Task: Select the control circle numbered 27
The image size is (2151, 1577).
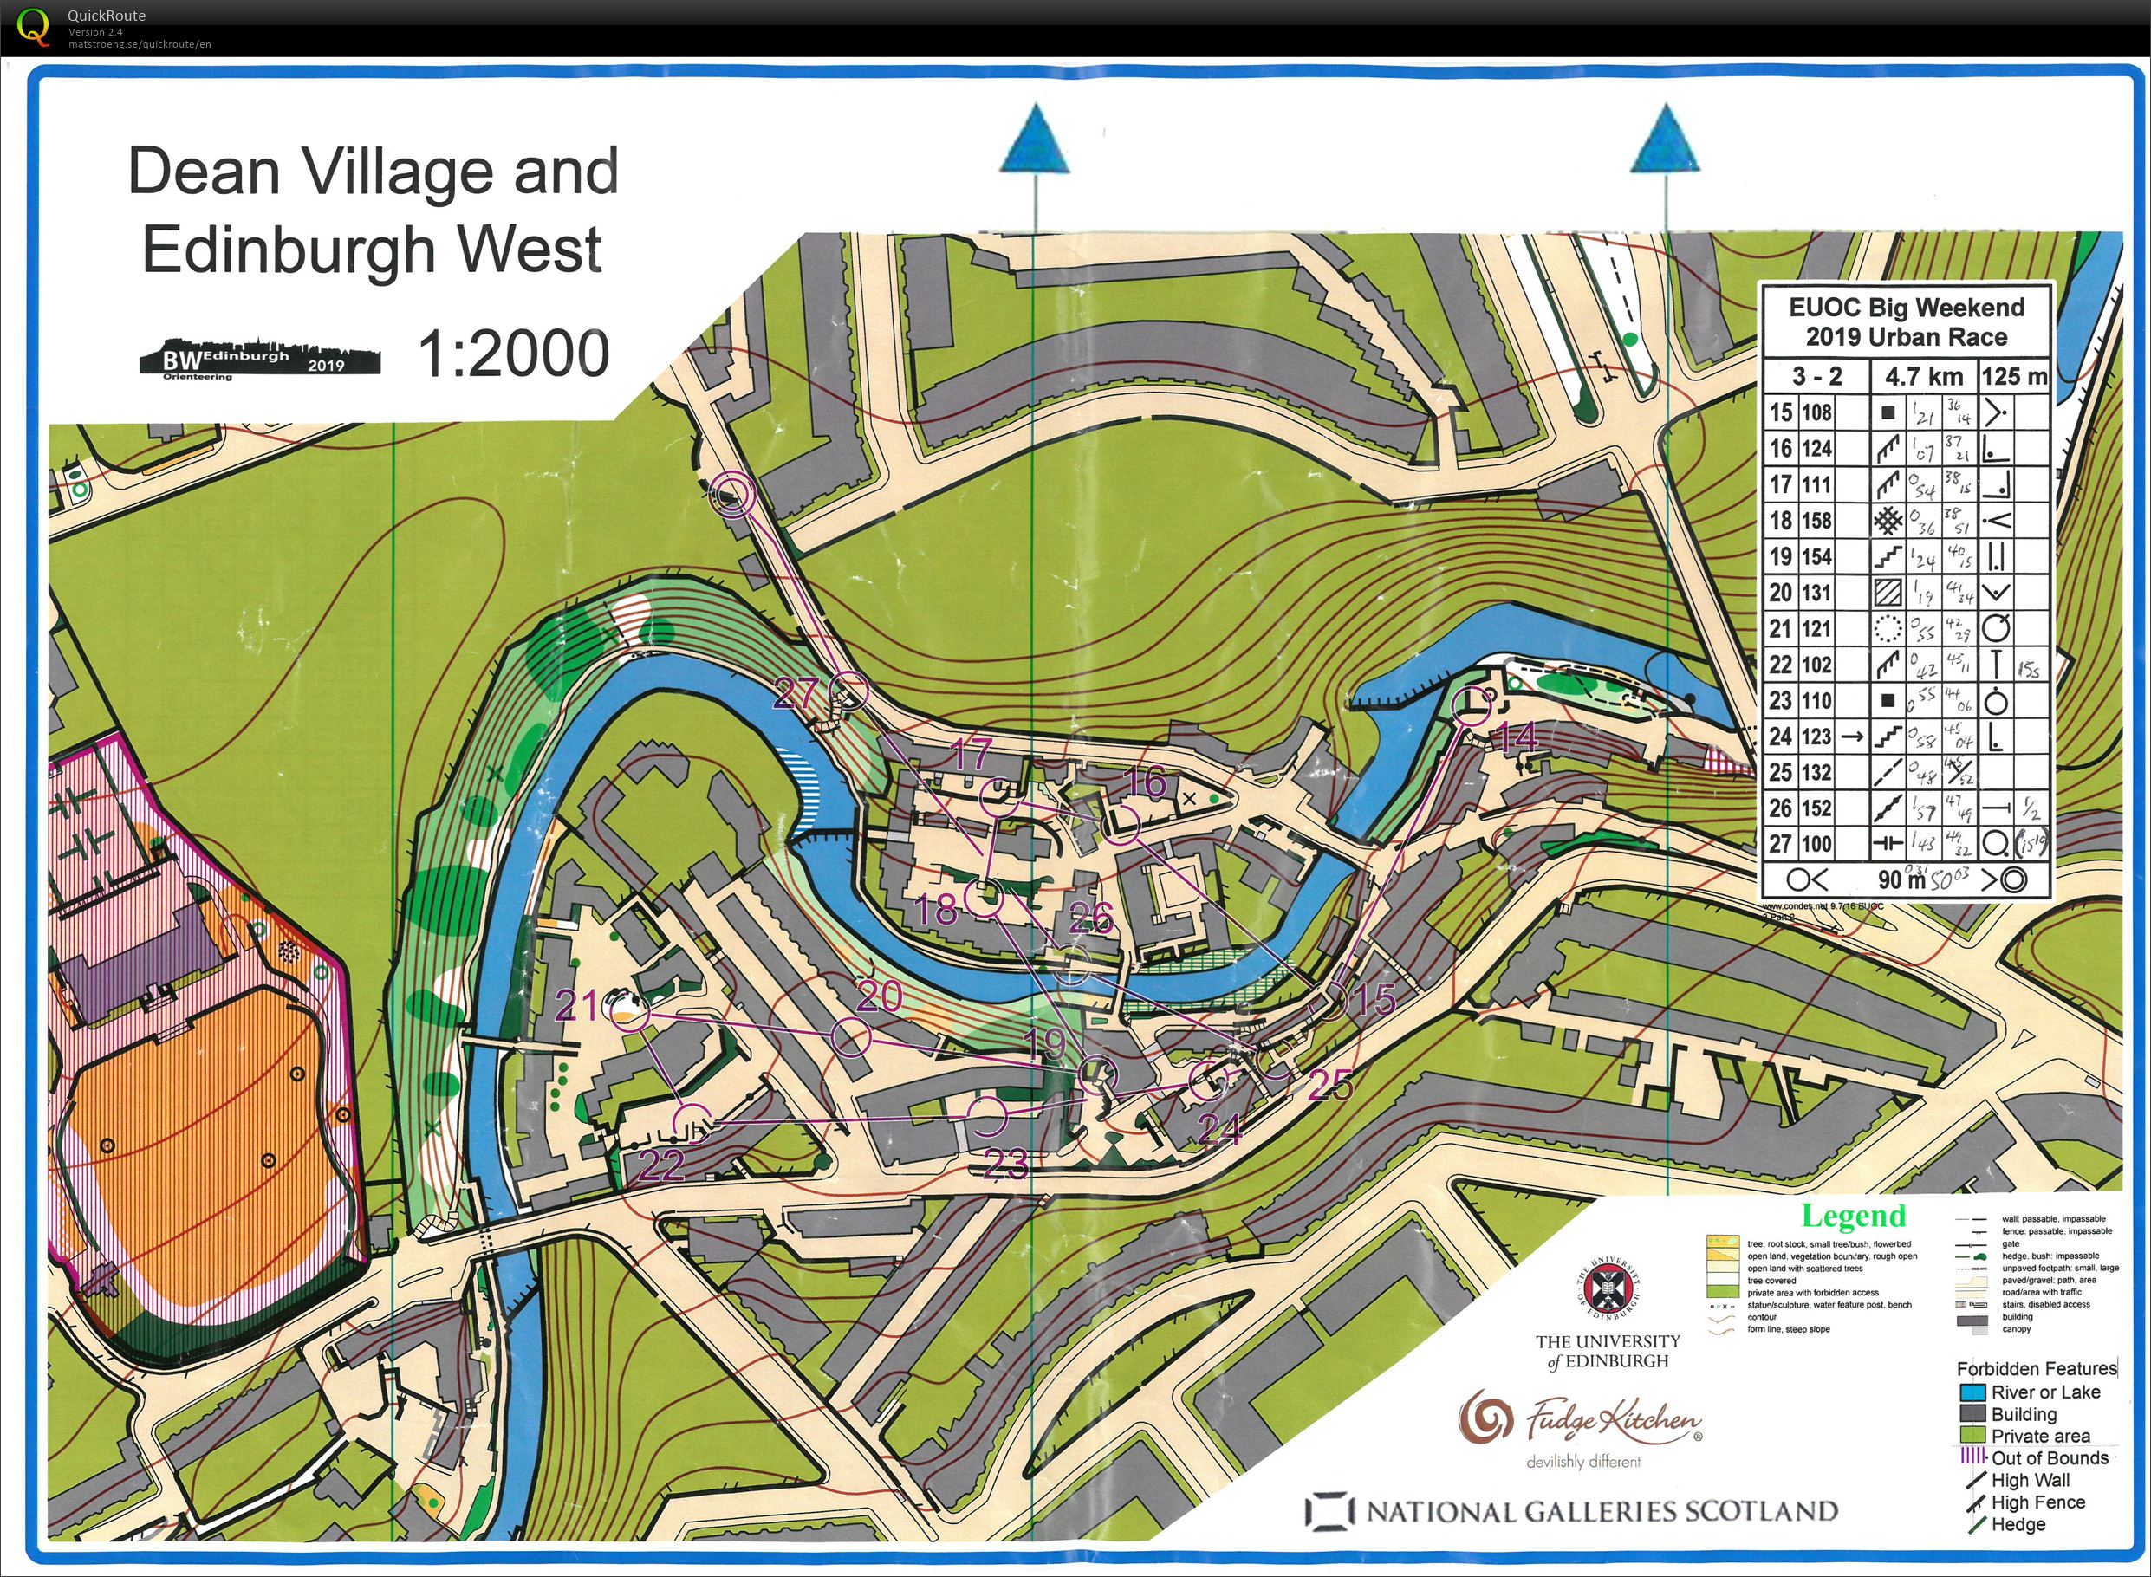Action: (848, 691)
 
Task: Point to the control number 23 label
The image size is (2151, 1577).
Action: (1005, 1165)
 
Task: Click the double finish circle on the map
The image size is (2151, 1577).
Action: (734, 495)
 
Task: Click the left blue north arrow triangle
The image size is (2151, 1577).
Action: (1035, 140)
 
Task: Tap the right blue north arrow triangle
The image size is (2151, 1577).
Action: (1666, 140)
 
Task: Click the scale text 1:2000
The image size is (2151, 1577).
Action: (514, 354)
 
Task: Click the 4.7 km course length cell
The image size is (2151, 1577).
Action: (1922, 377)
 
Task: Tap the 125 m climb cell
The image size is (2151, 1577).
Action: (2013, 377)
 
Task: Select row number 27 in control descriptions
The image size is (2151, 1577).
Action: (1781, 844)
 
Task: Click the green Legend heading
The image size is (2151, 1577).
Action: (1853, 1217)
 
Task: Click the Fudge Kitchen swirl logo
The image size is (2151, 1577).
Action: (1485, 1419)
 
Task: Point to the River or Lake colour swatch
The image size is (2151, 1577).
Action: (1972, 1392)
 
